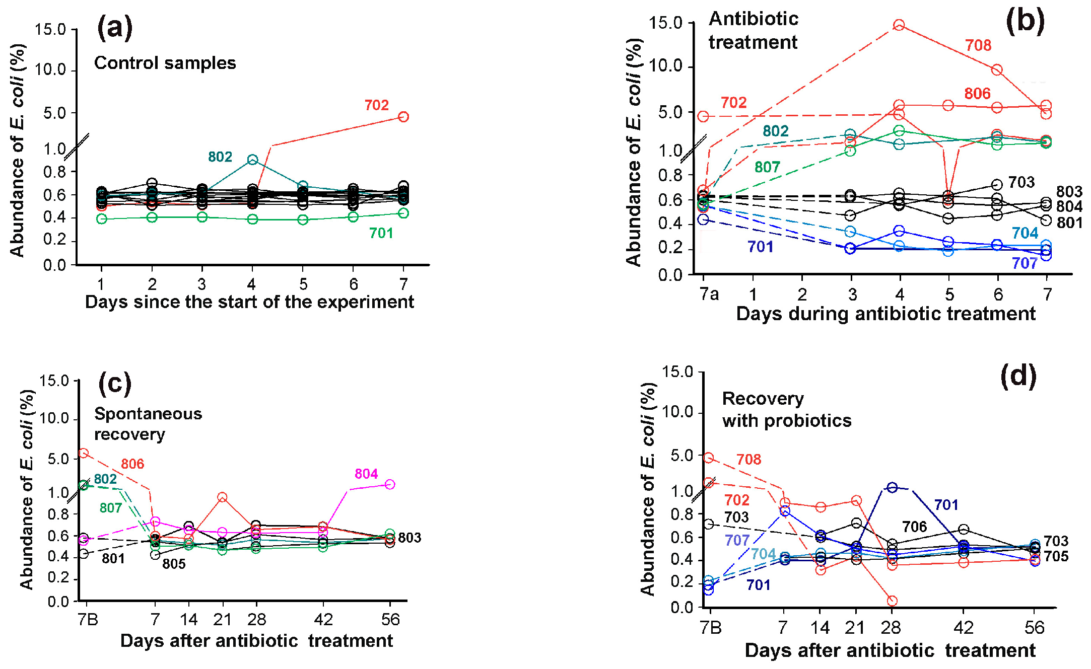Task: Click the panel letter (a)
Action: pos(115,27)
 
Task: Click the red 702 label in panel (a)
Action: pos(376,105)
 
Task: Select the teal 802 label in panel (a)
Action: pos(220,157)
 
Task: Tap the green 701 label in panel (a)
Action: pos(381,233)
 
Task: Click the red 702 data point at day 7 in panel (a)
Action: pos(403,117)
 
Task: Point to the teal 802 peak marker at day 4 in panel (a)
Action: pos(253,160)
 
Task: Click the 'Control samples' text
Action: pos(165,63)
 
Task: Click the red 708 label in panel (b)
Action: pos(978,46)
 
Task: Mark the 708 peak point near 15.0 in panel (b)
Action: pos(899,25)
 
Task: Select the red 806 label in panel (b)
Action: pos(977,94)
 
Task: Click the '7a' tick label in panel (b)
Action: pos(709,294)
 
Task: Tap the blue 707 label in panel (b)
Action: pos(1024,263)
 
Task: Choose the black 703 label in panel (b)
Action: pos(1021,182)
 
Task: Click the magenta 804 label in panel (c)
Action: pos(366,474)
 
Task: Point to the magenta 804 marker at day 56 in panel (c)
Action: pos(389,484)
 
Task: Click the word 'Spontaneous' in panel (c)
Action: pos(148,414)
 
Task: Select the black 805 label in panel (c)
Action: pos(174,564)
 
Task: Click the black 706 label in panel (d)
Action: pos(914,527)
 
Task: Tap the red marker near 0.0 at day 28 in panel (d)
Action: pos(892,601)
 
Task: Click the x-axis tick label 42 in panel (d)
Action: pos(964,628)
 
